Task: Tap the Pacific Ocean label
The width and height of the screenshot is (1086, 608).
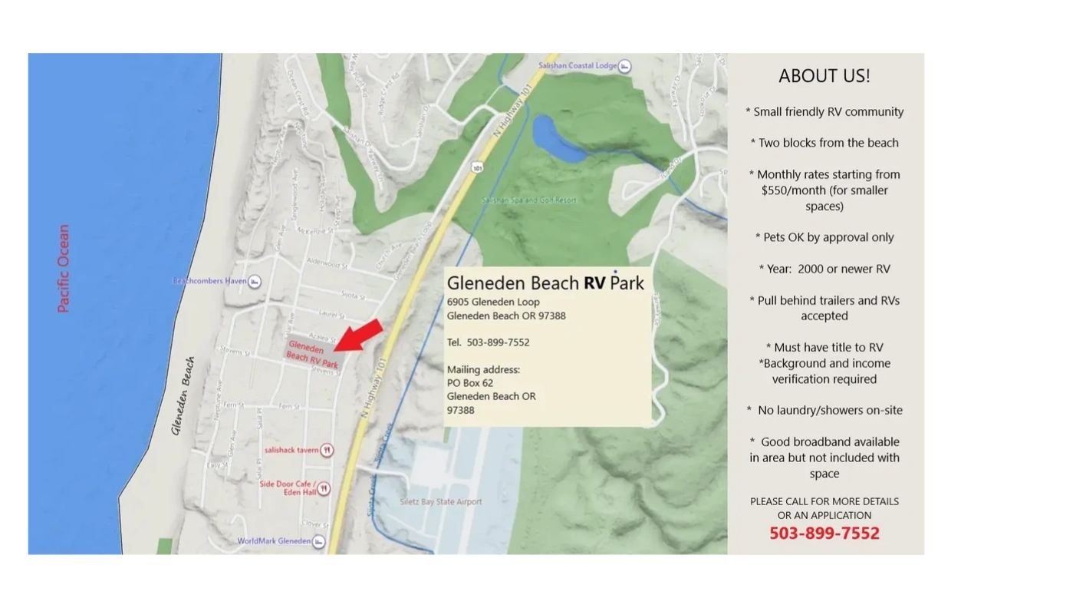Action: tap(64, 268)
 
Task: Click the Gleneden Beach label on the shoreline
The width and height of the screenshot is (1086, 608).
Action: tap(183, 395)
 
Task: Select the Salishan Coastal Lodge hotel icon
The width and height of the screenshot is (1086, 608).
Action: tap(625, 67)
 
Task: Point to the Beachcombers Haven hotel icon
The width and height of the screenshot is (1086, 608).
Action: tap(255, 282)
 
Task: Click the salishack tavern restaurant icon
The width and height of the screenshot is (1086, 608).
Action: tap(327, 450)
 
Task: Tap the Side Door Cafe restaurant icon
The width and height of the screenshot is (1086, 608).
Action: tap(324, 488)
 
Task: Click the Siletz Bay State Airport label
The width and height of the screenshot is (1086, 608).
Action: tap(441, 502)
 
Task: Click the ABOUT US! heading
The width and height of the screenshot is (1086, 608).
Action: tap(824, 76)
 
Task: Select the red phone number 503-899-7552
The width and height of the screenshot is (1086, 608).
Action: tap(824, 534)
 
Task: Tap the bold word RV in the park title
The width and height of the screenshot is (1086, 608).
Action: tap(594, 283)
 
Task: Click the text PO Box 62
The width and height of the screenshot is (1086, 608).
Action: tap(470, 383)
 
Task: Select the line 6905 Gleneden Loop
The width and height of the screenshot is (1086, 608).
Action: tap(493, 302)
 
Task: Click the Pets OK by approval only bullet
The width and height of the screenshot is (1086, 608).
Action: tap(824, 237)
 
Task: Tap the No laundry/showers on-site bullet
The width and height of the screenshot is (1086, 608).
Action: tap(824, 410)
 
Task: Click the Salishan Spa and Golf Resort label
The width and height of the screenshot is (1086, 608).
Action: tap(528, 200)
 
